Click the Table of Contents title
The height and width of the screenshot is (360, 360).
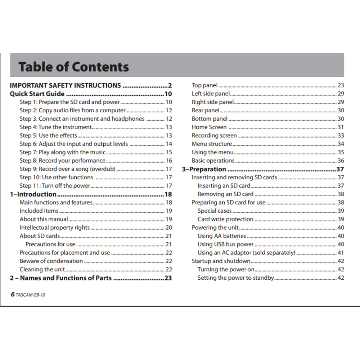point(73,67)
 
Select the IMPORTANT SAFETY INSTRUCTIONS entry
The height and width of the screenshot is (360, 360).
point(65,85)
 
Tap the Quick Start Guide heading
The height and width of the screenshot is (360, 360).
point(37,94)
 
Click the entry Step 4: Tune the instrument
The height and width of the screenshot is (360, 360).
point(56,127)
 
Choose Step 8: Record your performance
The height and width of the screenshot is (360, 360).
point(63,161)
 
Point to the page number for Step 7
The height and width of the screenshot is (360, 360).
point(168,152)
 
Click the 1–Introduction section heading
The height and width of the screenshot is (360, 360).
point(33,194)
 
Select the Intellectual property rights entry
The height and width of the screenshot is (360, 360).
point(55,228)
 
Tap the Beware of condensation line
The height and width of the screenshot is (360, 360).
point(51,261)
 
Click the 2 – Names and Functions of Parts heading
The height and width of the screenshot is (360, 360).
point(60,278)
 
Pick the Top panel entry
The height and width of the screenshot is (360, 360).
point(204,85)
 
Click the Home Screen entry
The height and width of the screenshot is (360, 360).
point(209,127)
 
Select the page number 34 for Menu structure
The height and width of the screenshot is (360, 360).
point(341,144)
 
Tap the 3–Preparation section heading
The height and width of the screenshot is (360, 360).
point(204,169)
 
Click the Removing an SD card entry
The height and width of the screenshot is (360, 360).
point(225,194)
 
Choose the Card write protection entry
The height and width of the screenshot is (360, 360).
point(225,219)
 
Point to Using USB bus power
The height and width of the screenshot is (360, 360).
point(225,244)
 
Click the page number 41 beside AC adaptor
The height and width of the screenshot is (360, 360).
point(341,253)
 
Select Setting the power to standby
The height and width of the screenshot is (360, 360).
point(235,278)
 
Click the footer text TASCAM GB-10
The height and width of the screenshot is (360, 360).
point(31,295)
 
